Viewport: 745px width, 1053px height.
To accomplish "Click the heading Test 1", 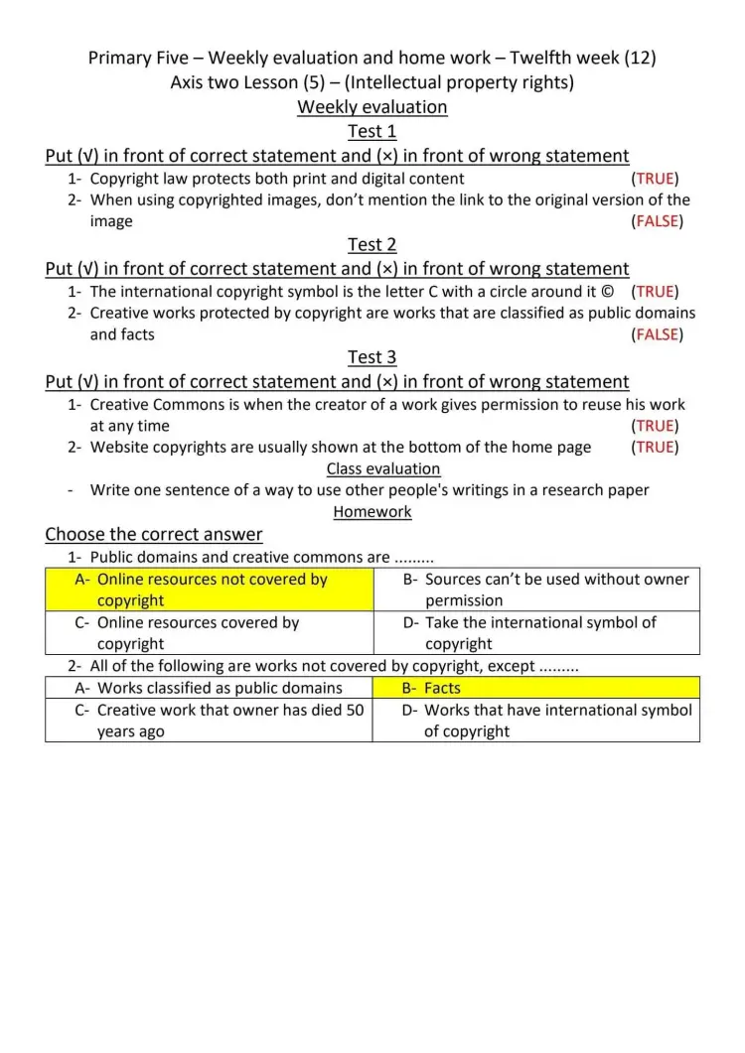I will (x=372, y=131).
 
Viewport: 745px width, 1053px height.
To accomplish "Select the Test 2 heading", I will (x=372, y=244).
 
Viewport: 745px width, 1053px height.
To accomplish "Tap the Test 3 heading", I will (x=372, y=357).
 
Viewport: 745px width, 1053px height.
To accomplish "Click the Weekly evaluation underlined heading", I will (x=372, y=106).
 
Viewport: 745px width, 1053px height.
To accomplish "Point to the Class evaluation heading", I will (x=383, y=468).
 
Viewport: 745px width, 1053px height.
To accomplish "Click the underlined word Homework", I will (x=372, y=512).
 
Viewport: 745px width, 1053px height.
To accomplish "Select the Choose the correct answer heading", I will (x=154, y=535).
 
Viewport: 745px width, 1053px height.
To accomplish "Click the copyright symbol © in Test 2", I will (x=608, y=292).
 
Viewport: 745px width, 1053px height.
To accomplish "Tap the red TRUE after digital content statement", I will (x=655, y=179).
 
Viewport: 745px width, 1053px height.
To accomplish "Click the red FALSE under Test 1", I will (x=657, y=221).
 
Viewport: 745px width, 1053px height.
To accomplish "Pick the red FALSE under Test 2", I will (x=657, y=334).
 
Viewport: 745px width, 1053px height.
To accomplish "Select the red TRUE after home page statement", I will (x=655, y=447).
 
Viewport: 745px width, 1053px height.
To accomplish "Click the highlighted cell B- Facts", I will (x=442, y=688).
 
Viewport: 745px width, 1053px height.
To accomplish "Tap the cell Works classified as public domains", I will (x=220, y=688).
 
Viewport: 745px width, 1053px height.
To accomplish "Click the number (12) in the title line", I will (x=640, y=58).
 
